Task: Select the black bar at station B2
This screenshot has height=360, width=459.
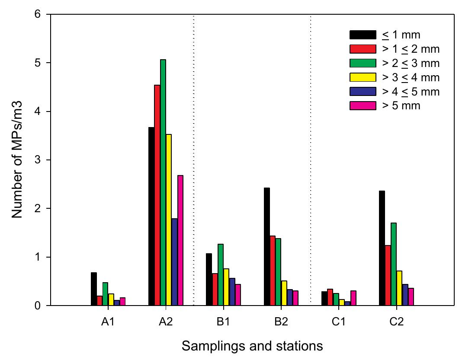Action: (x=209, y=247)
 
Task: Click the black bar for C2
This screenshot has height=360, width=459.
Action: (x=382, y=248)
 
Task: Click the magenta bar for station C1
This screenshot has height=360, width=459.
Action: (x=353, y=298)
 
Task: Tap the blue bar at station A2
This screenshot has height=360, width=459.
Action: (x=174, y=262)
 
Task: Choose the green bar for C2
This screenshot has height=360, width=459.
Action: (x=394, y=264)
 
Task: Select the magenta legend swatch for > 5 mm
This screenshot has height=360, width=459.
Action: (x=363, y=105)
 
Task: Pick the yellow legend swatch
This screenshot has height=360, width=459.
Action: (x=363, y=77)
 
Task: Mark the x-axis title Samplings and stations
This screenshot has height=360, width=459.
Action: (x=252, y=346)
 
